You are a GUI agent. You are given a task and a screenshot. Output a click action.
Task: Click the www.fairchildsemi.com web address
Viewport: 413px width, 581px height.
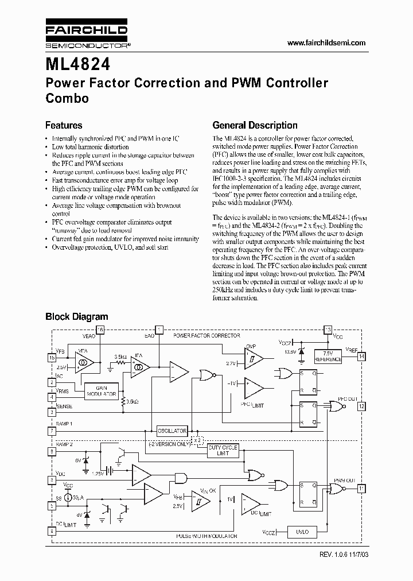325,43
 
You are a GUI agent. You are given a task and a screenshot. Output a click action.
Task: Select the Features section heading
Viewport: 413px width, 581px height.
64,125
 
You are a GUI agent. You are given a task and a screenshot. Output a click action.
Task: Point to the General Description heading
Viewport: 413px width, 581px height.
255,125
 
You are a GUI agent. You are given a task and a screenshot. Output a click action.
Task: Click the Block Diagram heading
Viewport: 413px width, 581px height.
76,316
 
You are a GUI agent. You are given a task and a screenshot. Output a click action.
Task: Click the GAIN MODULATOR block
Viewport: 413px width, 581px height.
102,392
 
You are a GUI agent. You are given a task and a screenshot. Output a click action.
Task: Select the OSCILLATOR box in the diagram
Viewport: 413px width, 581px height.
172,431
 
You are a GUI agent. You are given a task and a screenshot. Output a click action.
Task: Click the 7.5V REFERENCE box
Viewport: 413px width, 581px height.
328,357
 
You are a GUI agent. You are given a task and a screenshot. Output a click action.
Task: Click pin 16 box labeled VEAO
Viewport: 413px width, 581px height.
100,330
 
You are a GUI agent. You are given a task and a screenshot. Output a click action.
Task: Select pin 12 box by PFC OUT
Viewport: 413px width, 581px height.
361,406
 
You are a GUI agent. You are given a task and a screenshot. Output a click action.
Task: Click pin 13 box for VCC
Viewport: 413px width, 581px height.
328,330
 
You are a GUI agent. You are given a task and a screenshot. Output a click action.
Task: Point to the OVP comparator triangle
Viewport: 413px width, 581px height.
253,359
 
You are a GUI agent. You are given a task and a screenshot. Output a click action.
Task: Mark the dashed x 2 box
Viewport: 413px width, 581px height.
198,440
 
